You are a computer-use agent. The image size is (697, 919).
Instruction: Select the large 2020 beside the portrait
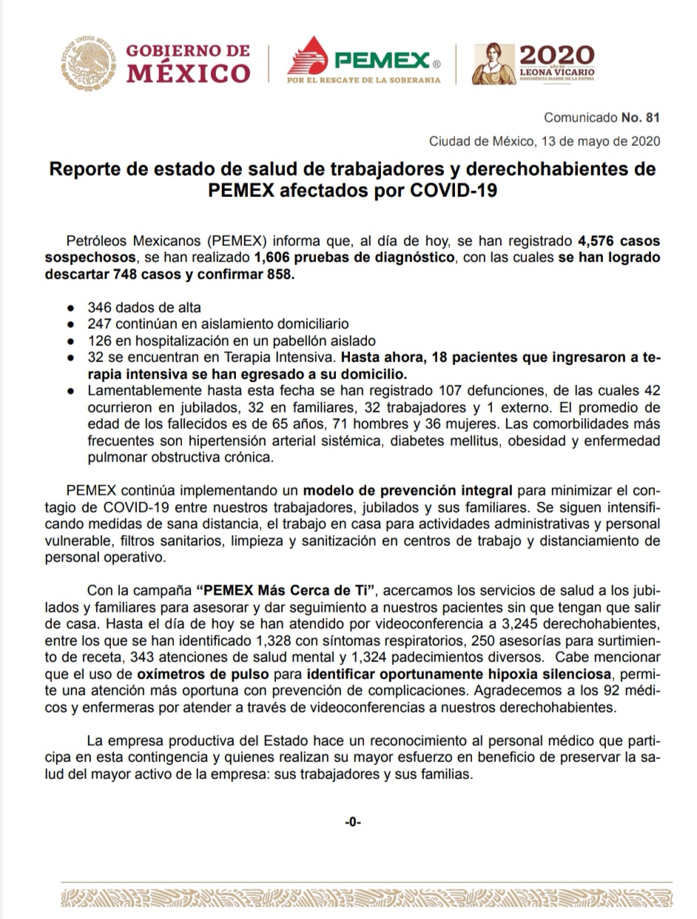point(556,55)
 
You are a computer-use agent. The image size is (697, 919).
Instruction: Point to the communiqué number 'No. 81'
point(641,118)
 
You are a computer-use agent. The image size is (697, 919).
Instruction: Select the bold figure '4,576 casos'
point(619,241)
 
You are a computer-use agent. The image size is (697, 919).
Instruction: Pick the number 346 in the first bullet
point(98,307)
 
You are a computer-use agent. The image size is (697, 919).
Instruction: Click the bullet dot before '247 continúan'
point(70,324)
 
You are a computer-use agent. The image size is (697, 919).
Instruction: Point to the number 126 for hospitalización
point(98,341)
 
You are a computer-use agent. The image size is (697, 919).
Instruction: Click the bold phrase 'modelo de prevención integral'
point(407,490)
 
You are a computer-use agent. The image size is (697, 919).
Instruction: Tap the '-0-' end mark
point(352,821)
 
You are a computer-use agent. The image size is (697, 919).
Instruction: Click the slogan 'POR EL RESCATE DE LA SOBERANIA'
point(363,79)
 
